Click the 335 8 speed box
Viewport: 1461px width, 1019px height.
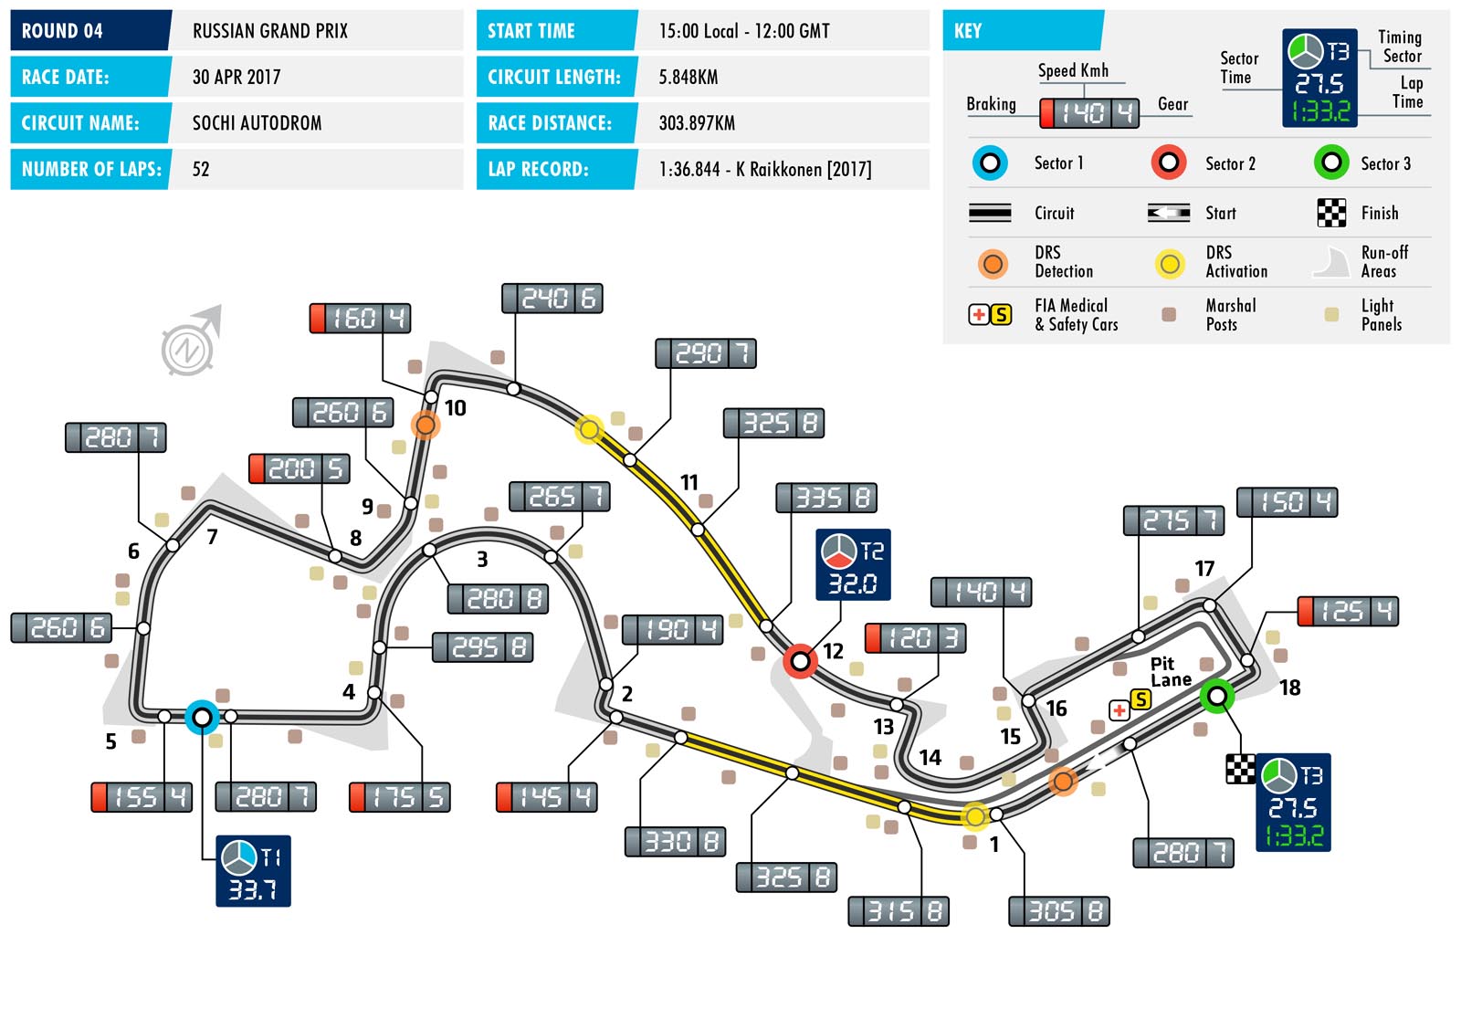click(826, 498)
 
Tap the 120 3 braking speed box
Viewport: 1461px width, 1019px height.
click(915, 638)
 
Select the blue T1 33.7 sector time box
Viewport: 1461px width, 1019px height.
click(253, 871)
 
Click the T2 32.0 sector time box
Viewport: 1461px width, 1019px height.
click(853, 564)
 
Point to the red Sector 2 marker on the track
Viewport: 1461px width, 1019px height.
click(800, 661)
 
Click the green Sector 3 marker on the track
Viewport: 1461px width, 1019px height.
click(1216, 698)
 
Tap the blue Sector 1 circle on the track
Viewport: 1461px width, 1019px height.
click(202, 718)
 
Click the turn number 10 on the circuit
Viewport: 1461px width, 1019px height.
click(455, 408)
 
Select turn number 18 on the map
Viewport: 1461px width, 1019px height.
click(1289, 688)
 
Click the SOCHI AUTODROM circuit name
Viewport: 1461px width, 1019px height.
click(257, 123)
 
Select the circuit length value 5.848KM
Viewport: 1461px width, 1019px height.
click(688, 78)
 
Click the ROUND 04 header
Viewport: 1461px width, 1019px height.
click(62, 31)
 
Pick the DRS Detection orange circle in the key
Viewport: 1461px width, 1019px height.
click(993, 264)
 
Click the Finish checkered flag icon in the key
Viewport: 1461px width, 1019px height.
click(1331, 213)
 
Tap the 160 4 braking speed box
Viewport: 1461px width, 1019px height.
click(360, 318)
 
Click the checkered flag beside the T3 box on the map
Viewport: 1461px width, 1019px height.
click(1240, 769)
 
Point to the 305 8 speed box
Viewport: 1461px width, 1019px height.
click(1058, 911)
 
